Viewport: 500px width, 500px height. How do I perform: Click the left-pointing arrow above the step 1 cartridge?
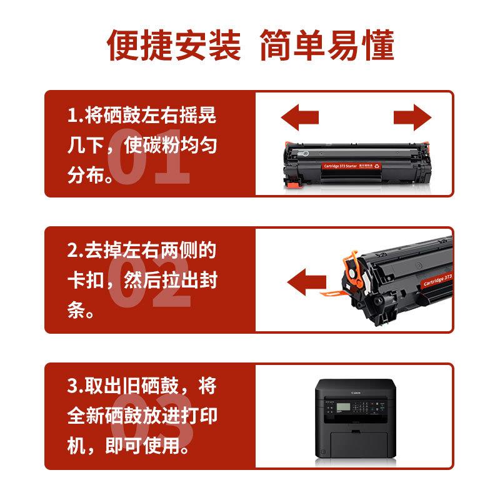(x=299, y=117)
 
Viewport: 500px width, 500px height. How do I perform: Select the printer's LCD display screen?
(x=345, y=407)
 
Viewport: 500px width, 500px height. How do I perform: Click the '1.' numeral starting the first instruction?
(x=74, y=116)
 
